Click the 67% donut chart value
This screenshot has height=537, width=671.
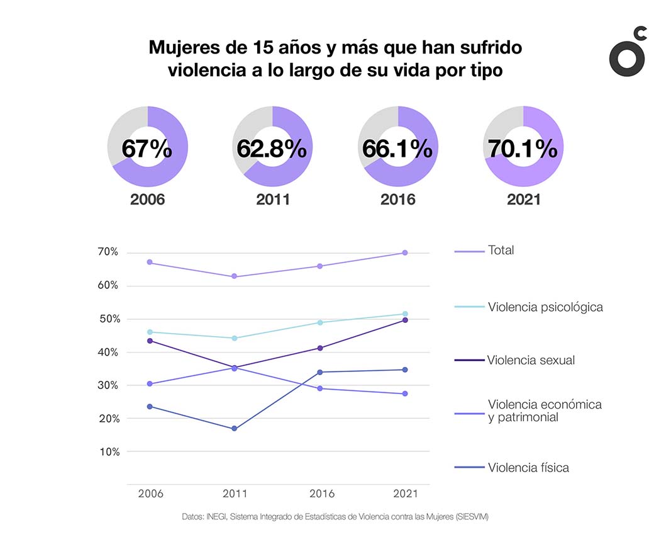(x=147, y=149)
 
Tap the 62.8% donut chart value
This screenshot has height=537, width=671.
(x=272, y=149)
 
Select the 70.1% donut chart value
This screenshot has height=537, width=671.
(x=523, y=149)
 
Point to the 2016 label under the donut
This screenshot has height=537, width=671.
(x=397, y=200)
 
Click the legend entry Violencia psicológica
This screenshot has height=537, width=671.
(x=545, y=307)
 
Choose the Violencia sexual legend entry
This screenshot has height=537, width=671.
(x=531, y=361)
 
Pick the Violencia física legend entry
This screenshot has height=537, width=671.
(x=528, y=468)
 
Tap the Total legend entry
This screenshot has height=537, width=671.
(x=501, y=251)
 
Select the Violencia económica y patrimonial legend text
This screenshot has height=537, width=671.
(x=545, y=410)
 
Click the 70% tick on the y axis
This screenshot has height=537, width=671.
(x=108, y=252)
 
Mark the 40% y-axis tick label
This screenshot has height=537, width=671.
(x=108, y=353)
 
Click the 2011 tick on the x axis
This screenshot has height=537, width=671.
(x=235, y=494)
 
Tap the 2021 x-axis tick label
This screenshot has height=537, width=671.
(x=404, y=494)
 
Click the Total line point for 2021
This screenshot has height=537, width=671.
(x=405, y=253)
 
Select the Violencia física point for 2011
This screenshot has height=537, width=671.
(x=235, y=429)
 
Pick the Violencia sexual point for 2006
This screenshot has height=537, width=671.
(x=150, y=341)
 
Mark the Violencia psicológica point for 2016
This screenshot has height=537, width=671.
(x=320, y=322)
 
